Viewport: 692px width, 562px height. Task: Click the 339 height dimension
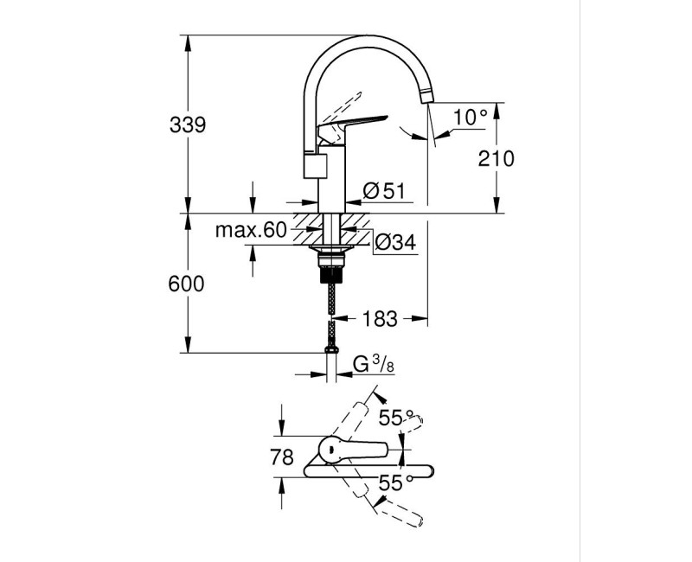[188, 125]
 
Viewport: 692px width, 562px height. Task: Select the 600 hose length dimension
[188, 284]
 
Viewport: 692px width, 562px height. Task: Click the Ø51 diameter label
[384, 191]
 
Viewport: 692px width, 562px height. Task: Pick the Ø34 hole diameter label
[395, 244]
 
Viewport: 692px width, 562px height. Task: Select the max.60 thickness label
[250, 230]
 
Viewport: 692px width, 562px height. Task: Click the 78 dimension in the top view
[282, 457]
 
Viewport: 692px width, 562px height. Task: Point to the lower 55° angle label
[394, 483]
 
